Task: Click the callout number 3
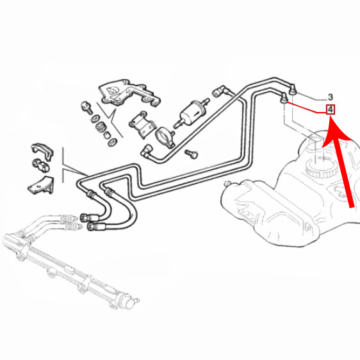coord(330,97)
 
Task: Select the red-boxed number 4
coord(331,110)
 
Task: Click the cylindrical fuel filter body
coord(191,113)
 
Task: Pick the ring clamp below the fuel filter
coord(165,137)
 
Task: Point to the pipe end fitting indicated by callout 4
coord(284,99)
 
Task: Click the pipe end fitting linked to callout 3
coord(292,90)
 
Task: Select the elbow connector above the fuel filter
coord(220,91)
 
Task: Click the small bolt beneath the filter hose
coord(191,154)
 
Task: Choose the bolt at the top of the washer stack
coord(86,107)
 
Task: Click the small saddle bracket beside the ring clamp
coord(142,125)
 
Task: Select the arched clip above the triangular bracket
coord(42,151)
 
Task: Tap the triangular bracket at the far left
coord(41,185)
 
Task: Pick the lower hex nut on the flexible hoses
coord(91,226)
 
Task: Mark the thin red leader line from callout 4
coord(307,107)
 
